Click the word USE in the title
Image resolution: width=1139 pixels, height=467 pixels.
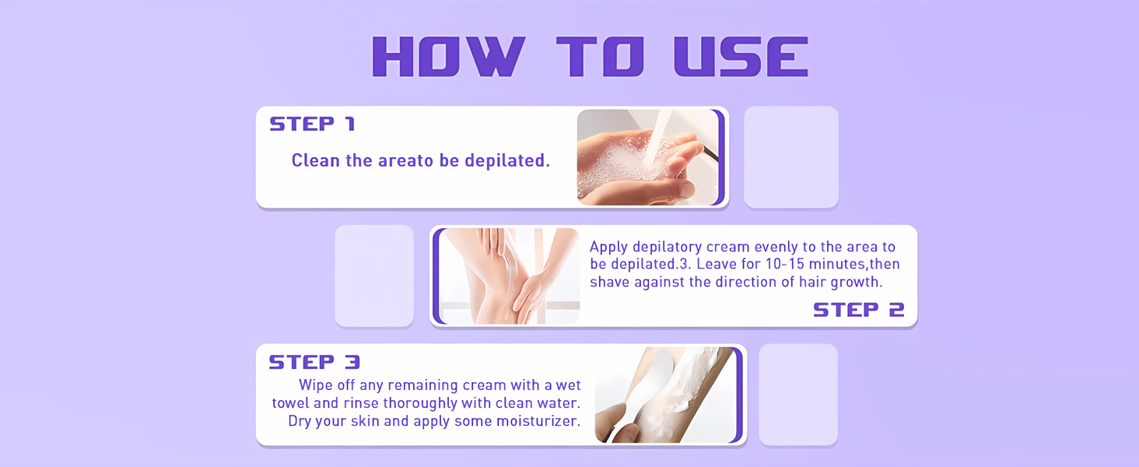point(741,56)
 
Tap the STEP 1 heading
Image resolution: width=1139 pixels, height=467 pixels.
point(312,124)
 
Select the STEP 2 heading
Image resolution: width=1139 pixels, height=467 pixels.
point(858,310)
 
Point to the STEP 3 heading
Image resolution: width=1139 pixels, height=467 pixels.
point(314,362)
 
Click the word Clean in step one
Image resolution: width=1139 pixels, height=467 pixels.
point(315,160)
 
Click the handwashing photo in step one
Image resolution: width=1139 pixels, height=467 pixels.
point(647,157)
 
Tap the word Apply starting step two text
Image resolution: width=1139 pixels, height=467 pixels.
point(608,247)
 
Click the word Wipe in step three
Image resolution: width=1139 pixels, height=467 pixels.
point(316,385)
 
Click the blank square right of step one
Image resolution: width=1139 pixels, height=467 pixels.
point(790,156)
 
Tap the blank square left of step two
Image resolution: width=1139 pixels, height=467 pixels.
point(374,276)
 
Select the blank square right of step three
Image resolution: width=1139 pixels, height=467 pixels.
point(798,395)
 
